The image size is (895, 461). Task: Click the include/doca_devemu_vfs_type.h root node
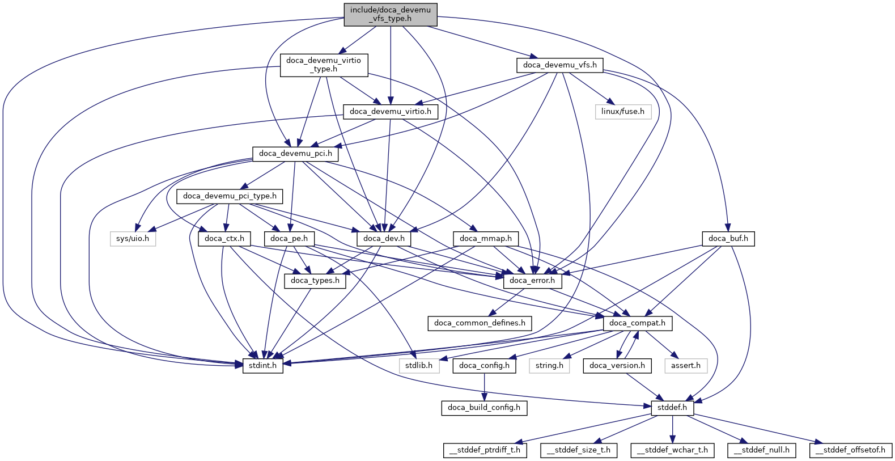390,14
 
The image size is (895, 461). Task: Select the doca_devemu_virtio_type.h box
323,65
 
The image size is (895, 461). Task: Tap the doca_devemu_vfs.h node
559,65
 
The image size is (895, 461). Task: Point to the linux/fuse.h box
622,112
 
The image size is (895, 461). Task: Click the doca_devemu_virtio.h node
390,112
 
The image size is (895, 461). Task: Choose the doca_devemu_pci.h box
295,154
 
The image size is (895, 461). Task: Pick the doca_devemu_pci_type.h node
230,196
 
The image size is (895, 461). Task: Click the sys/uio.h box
133,239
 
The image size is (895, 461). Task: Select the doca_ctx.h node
224,239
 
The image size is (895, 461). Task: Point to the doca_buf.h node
728,239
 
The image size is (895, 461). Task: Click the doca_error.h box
532,281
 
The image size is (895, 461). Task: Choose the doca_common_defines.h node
480,323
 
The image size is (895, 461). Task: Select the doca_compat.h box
637,323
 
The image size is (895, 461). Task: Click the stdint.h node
263,366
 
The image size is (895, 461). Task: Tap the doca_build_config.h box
483,408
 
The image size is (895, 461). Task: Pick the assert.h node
685,366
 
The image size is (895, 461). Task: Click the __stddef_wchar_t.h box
672,450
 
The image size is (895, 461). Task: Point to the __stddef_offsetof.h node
850,450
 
